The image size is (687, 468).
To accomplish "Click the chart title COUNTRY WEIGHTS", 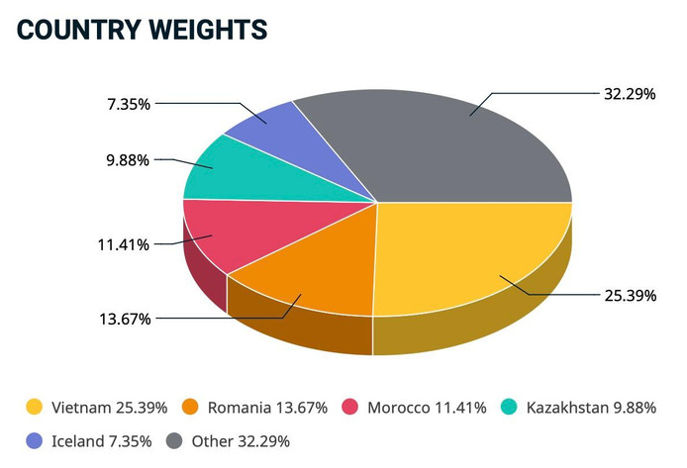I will [143, 30].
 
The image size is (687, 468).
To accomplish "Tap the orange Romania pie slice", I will [307, 267].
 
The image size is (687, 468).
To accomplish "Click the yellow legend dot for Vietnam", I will [35, 407].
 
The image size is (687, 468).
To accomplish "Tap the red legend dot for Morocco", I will [349, 407].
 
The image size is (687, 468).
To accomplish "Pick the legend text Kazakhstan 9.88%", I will [590, 407].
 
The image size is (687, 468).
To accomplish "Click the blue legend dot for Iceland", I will [35, 439].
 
